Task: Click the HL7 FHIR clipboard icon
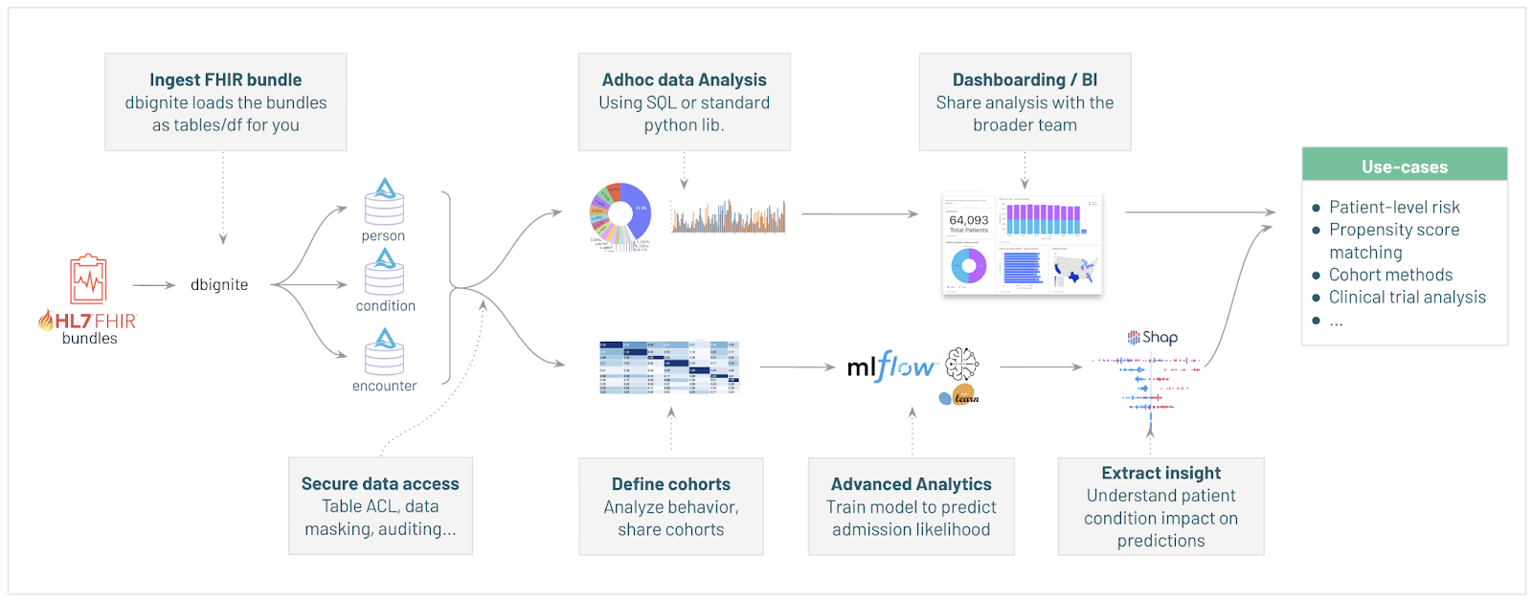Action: point(88,279)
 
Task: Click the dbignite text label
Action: point(219,284)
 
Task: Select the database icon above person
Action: point(384,202)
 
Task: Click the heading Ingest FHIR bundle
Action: point(225,79)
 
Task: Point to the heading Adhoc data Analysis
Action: point(684,79)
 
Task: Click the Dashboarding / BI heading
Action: point(1025,79)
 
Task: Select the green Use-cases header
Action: point(1404,166)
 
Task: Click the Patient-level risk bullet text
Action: point(1394,207)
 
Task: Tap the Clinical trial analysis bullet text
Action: point(1407,297)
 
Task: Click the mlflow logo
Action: point(890,367)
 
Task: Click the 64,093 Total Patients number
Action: point(968,220)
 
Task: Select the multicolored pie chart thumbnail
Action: point(620,216)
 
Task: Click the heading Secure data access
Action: point(380,483)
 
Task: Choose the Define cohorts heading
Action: point(670,484)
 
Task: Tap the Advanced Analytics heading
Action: point(911,484)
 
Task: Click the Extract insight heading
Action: point(1160,473)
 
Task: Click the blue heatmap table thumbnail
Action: point(669,367)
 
